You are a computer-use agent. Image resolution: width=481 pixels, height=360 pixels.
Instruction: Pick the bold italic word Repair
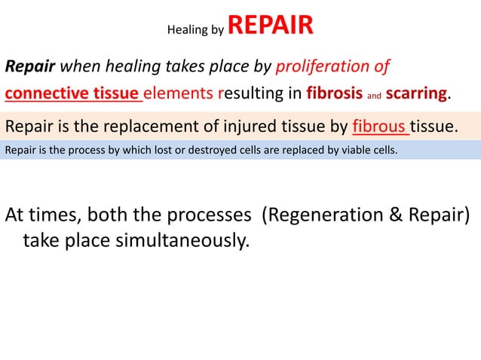(30, 67)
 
